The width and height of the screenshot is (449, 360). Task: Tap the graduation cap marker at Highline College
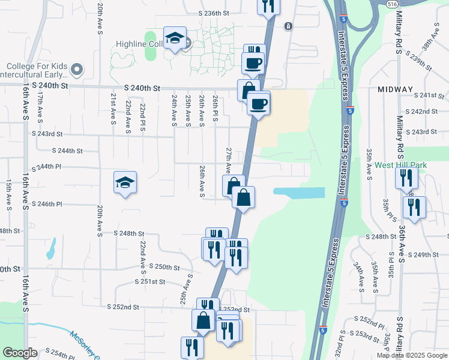click(x=175, y=38)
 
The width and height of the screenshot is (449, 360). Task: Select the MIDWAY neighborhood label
click(x=395, y=89)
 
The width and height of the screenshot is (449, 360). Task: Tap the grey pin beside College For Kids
click(x=76, y=70)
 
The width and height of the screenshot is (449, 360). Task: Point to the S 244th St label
click(x=67, y=151)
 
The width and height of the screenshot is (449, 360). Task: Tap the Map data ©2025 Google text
click(x=411, y=355)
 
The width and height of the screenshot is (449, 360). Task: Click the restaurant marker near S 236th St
click(x=268, y=6)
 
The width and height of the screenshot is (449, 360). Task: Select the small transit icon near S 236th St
click(x=289, y=26)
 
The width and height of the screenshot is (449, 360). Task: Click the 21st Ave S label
click(x=113, y=109)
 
